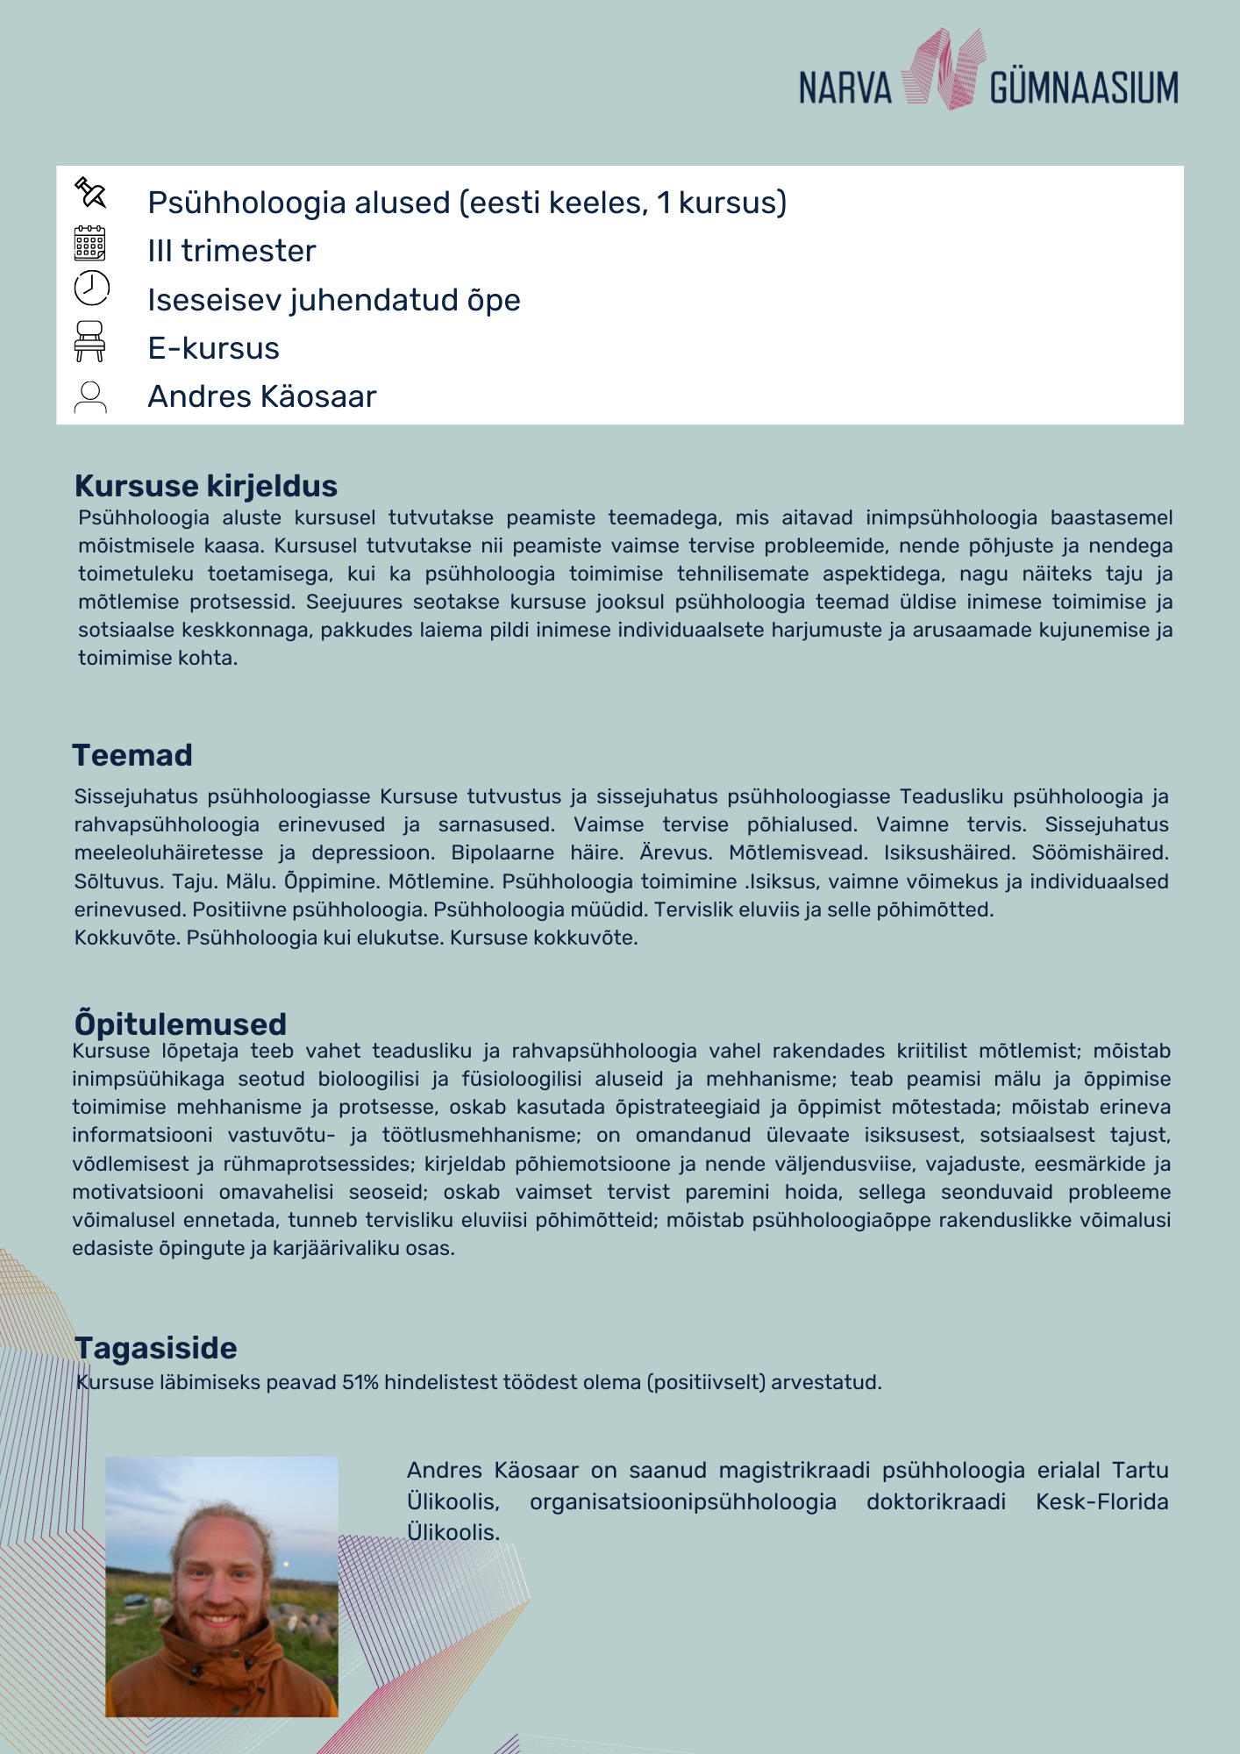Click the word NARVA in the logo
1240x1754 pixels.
pyautogui.click(x=844, y=89)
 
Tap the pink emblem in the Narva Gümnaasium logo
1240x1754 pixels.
pyautogui.click(x=943, y=69)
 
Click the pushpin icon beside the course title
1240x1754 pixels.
pyautogui.click(x=90, y=193)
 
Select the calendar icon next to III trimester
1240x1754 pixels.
pyautogui.click(x=90, y=243)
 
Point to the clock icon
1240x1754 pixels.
pyautogui.click(x=91, y=288)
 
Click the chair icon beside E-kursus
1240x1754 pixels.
pyautogui.click(x=89, y=341)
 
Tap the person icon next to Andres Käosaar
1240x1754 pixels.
pyautogui.click(x=90, y=397)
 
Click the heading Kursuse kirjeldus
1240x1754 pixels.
pyautogui.click(x=206, y=486)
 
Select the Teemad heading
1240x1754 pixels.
pyautogui.click(x=132, y=755)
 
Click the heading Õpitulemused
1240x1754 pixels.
pyautogui.click(x=181, y=1023)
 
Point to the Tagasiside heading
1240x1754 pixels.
pyautogui.click(x=156, y=1348)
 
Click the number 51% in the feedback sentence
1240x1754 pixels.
pyautogui.click(x=360, y=1382)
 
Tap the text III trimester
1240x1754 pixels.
pyautogui.click(x=232, y=251)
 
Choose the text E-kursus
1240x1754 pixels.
pyautogui.click(x=213, y=348)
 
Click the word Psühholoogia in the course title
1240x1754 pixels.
pyautogui.click(x=246, y=203)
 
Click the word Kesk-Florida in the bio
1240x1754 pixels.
pyautogui.click(x=1101, y=1501)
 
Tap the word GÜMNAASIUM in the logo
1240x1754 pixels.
pyautogui.click(x=1084, y=89)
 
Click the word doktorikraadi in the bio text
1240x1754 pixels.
pyautogui.click(x=936, y=1501)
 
